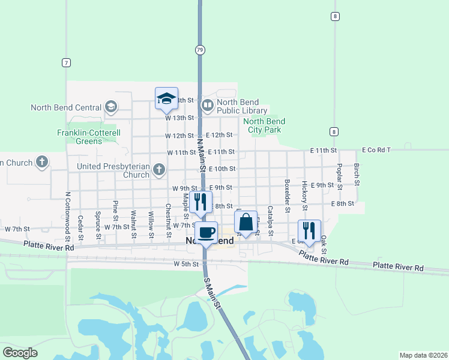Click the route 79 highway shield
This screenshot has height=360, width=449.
coord(199,49)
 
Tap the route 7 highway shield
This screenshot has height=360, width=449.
coord(66,62)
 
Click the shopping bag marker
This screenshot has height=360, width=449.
coord(246,223)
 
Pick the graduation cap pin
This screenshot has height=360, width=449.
coord(166,99)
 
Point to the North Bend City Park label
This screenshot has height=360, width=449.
coord(264,125)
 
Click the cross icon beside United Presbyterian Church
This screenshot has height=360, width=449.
coord(160,170)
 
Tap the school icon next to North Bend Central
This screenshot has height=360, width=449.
coord(110,107)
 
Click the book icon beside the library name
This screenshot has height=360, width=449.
coord(207,106)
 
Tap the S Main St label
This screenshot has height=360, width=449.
coord(214,293)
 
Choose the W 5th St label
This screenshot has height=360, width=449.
coord(185,264)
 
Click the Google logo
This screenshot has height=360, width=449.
coord(20,353)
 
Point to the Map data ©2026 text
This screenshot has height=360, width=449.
coord(423,355)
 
